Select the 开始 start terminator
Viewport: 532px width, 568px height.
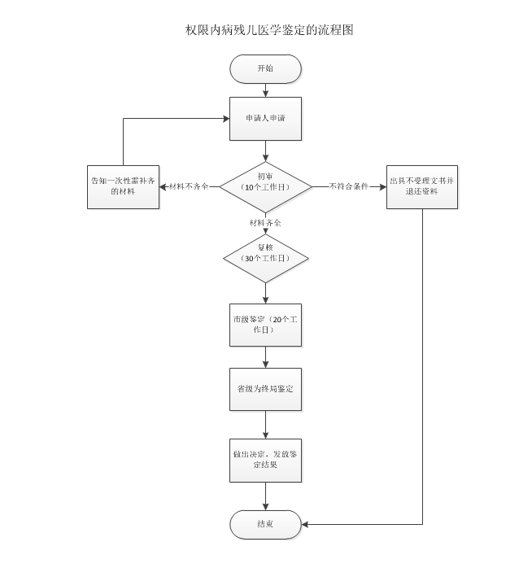(266, 69)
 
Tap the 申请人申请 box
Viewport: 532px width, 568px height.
(266, 119)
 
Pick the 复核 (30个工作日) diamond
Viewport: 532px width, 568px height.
(266, 258)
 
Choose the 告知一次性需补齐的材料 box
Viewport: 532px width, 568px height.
(123, 186)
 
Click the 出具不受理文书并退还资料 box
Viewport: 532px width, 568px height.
(421, 186)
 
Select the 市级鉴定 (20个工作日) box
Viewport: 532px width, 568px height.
(266, 325)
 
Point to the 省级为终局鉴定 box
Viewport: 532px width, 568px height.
(266, 390)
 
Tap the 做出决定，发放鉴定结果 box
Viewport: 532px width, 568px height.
(266, 459)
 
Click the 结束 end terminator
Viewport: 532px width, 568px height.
(266, 524)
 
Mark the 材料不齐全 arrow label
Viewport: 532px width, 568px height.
(189, 186)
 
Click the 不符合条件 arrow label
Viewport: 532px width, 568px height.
(349, 186)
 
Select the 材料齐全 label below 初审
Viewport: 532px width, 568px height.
(266, 222)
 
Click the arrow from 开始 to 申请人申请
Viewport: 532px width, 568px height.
(266, 90)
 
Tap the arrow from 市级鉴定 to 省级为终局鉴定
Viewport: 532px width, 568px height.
(266, 357)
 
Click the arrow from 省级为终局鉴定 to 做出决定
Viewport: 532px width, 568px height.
(266, 425)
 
